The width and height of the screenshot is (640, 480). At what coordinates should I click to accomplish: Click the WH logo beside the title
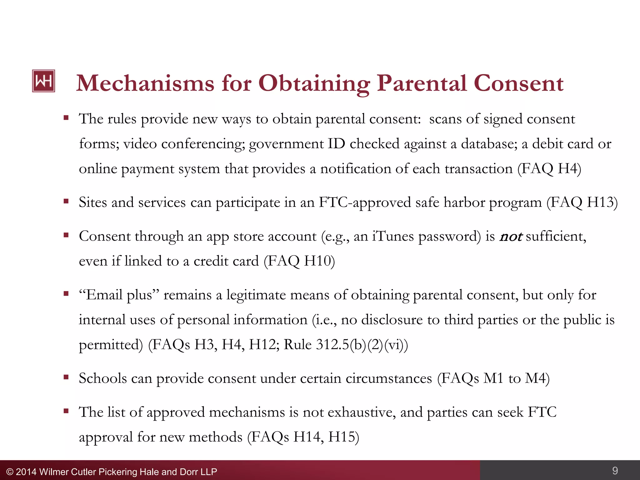[43, 81]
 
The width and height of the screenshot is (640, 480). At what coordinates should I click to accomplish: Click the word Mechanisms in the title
[145, 84]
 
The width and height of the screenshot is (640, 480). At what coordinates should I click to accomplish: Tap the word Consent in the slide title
[518, 84]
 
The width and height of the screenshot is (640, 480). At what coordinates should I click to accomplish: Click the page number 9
[615, 470]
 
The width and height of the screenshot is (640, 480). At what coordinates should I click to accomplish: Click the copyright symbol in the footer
[10, 472]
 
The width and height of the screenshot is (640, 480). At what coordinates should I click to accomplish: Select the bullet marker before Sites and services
[66, 202]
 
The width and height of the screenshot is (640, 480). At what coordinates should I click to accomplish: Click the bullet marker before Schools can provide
[66, 377]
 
